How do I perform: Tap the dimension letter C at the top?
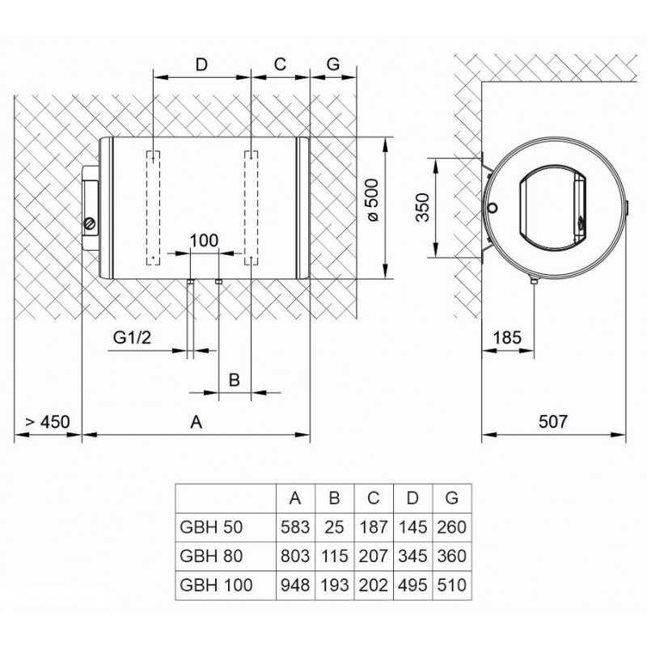coord(281,64)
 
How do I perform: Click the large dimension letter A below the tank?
coord(195,421)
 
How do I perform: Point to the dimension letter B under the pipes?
coord(235,378)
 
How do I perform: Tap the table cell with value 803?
coord(292,556)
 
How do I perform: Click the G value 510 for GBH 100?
coord(451,583)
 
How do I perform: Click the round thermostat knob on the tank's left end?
coord(90,223)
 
